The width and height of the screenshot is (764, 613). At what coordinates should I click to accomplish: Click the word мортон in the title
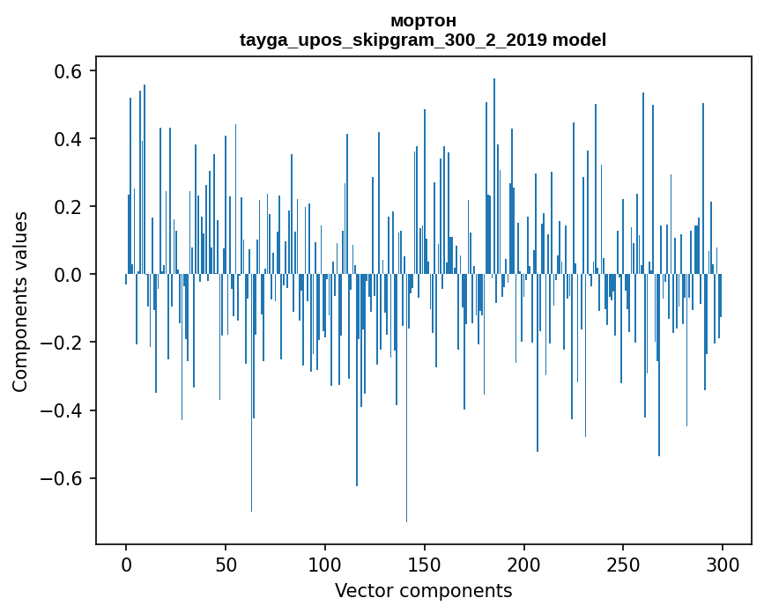(423, 20)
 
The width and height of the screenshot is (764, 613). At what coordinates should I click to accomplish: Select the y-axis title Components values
(20, 301)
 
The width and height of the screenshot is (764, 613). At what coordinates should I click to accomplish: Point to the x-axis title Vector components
(423, 591)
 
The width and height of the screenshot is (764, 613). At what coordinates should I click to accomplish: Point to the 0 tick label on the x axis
(126, 565)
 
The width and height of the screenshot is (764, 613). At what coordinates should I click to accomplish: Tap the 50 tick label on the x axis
(226, 565)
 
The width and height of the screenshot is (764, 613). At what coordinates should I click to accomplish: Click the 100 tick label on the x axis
(325, 565)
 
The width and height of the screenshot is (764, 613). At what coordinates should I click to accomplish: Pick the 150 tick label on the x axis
(425, 565)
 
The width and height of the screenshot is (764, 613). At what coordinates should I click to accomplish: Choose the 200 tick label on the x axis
(524, 565)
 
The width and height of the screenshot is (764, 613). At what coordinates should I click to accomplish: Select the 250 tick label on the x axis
(623, 565)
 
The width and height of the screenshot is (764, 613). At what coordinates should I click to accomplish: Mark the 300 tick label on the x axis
(723, 565)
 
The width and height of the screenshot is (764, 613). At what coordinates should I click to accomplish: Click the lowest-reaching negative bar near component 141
(406, 511)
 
